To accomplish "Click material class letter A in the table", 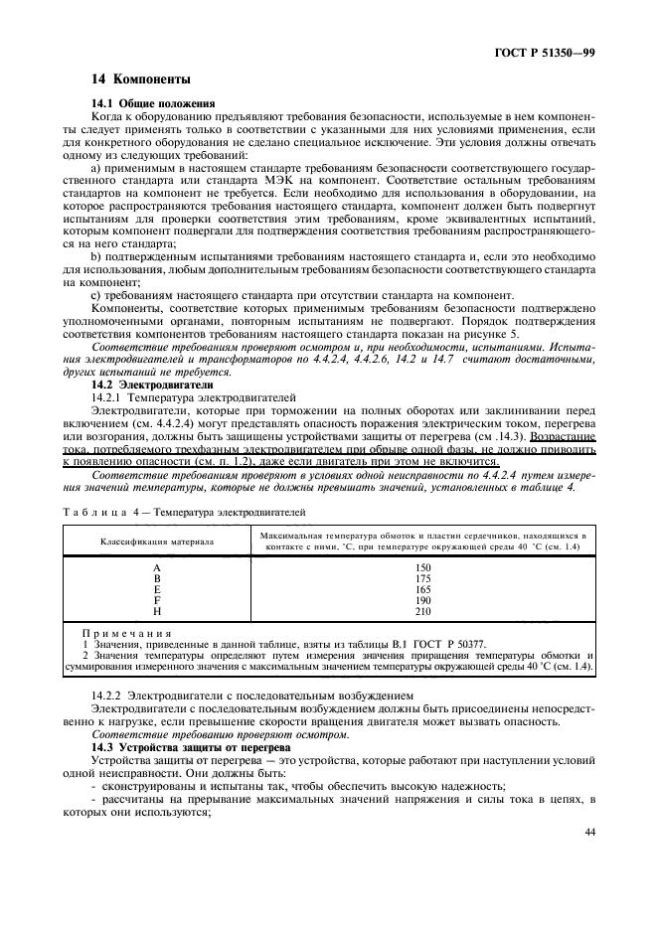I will [x=157, y=564].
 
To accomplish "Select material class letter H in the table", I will [x=157, y=612].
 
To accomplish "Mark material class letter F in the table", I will [x=157, y=600].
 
